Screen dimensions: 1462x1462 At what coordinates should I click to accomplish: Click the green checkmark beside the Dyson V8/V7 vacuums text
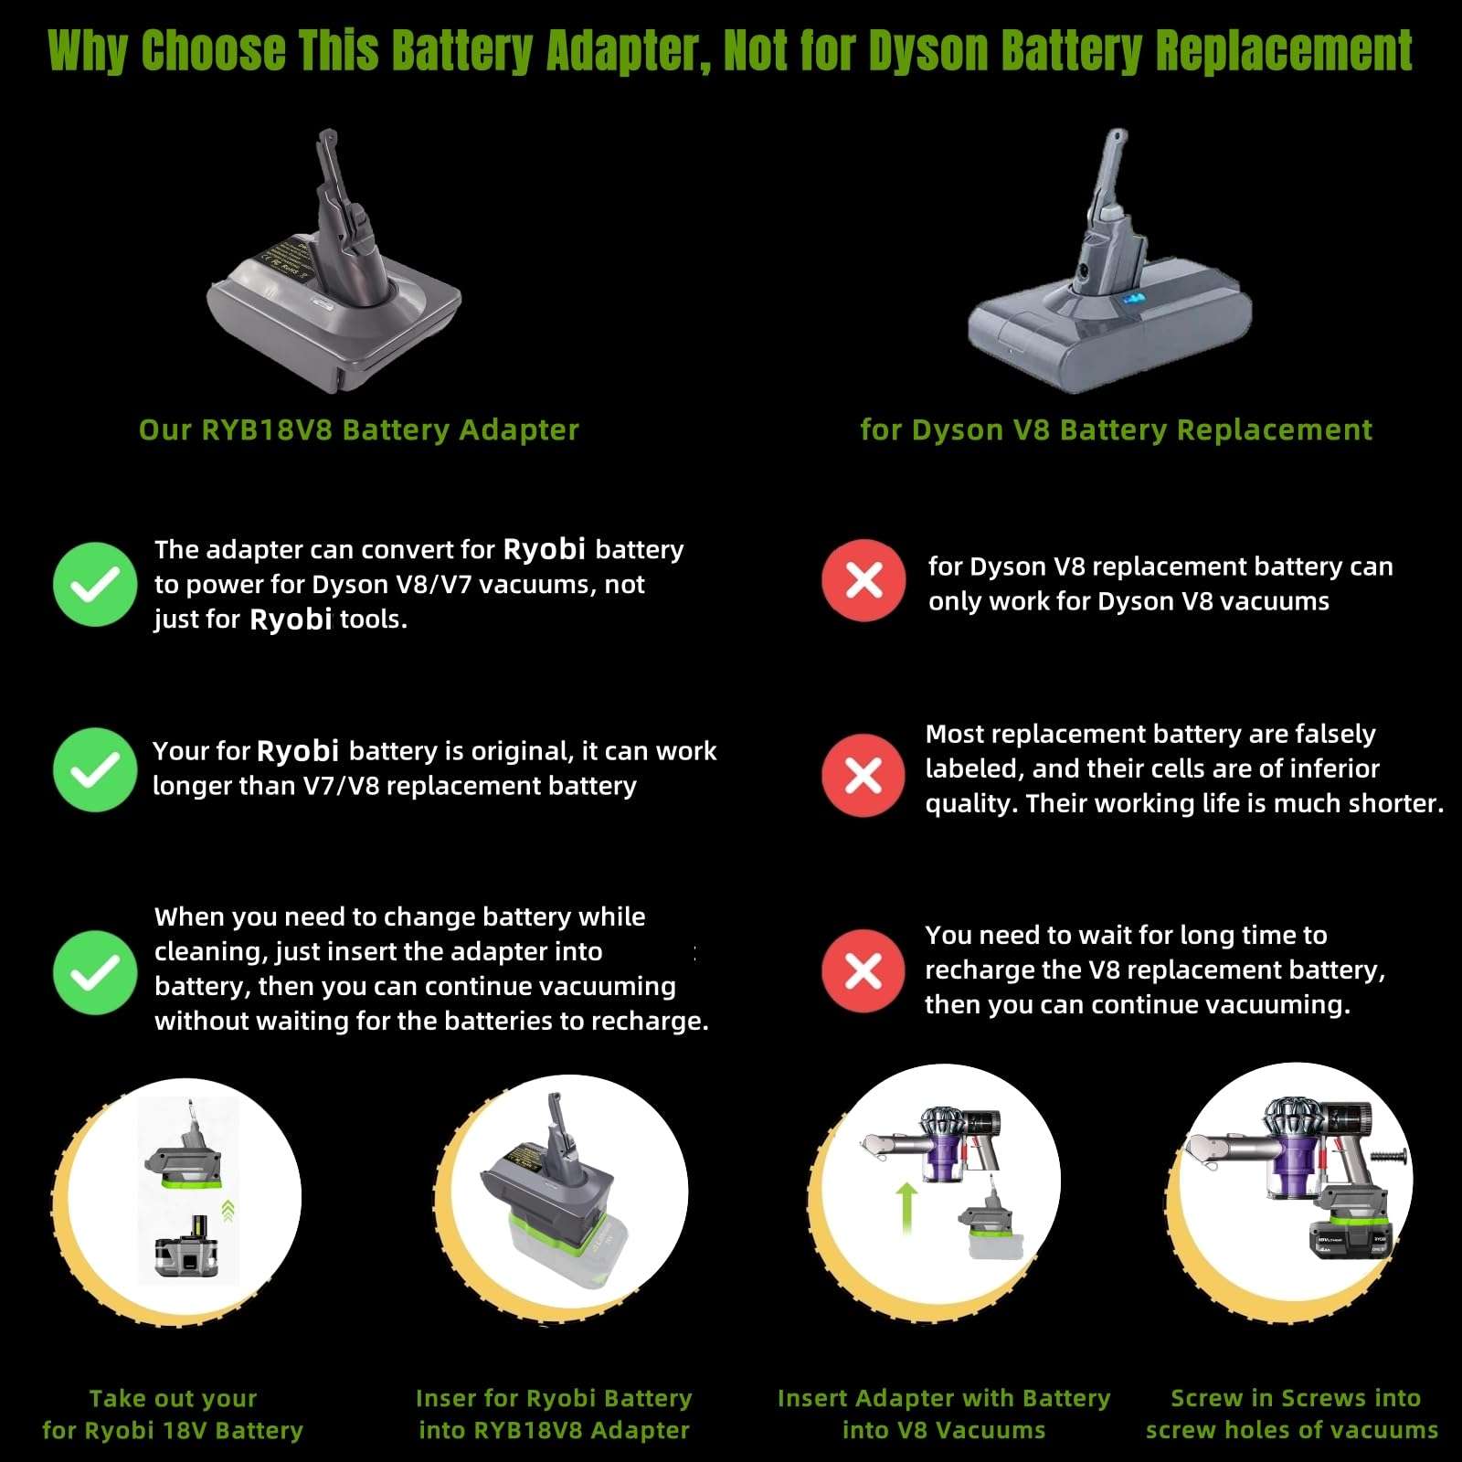95,584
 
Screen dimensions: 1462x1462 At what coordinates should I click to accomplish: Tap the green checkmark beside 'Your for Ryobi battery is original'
95,769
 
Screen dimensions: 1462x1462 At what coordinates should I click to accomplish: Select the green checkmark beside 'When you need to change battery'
95,972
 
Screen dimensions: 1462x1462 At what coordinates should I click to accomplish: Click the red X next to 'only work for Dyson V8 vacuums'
863,580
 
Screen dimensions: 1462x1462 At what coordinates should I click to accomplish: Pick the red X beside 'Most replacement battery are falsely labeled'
863,775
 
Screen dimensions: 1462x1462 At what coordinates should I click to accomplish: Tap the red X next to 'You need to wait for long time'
863,971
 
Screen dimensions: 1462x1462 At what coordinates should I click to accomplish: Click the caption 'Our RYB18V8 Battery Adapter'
358,429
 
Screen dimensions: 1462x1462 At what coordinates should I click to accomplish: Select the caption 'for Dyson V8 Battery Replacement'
1116,429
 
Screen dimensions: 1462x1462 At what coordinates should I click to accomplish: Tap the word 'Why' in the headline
87,51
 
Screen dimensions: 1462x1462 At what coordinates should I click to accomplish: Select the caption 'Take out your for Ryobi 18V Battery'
173,1414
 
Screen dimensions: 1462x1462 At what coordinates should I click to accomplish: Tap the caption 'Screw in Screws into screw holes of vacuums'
1293,1414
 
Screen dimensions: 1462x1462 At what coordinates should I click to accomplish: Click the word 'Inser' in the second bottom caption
445,1398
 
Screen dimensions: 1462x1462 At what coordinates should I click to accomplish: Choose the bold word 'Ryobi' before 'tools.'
291,620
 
